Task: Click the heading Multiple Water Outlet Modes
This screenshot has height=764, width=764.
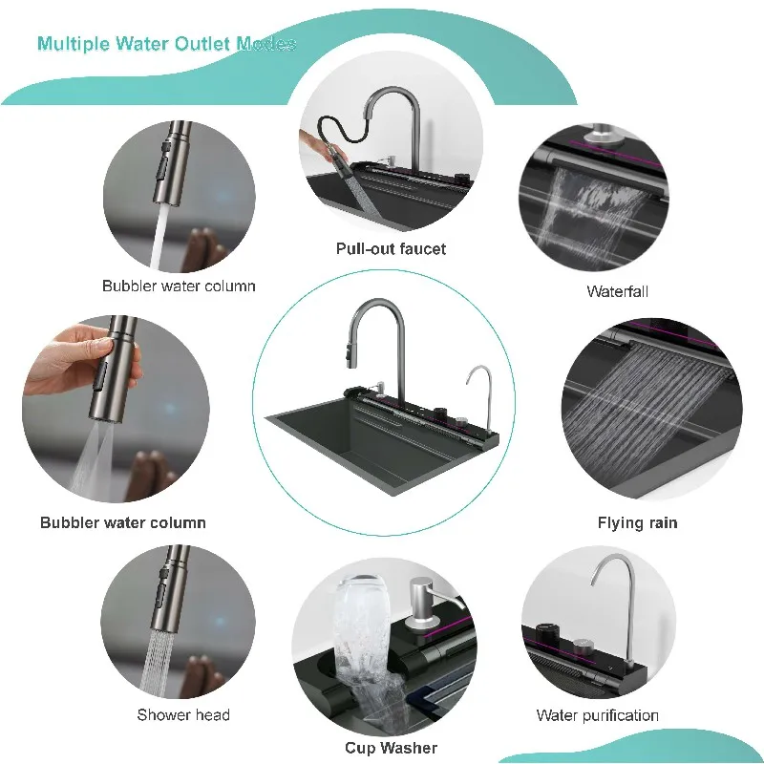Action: point(166,44)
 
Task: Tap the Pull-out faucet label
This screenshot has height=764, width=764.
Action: point(391,248)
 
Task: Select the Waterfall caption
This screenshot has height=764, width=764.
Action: point(617,291)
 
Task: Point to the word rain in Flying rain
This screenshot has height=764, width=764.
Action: point(659,522)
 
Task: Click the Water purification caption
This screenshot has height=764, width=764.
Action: point(597,715)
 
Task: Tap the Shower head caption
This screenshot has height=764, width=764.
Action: point(183,715)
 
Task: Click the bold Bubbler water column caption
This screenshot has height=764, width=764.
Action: point(123,522)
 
